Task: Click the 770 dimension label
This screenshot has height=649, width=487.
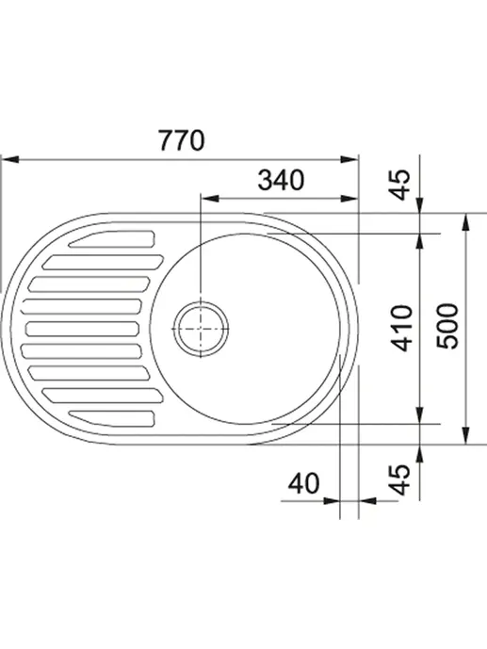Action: pos(182,140)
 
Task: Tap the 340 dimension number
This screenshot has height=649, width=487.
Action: pos(281,180)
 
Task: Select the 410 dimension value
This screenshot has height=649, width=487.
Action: pos(402,328)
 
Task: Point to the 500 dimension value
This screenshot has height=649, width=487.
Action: pos(447,326)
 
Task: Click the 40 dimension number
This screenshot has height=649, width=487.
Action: pos(303,483)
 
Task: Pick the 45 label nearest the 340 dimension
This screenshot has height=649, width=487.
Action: pos(400,185)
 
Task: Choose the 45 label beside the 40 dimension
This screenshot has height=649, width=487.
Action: pos(400,480)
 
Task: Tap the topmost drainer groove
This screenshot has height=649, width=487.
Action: pos(112,239)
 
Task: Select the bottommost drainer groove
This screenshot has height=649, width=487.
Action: pos(112,418)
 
